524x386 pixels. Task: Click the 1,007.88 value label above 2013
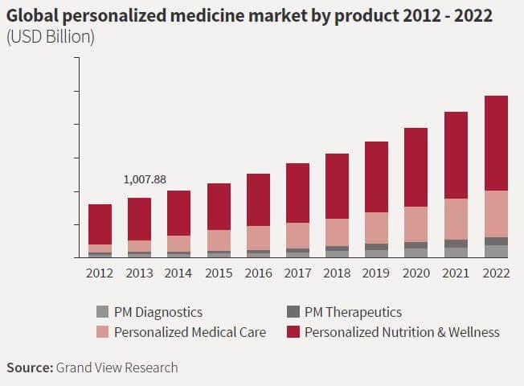(x=145, y=179)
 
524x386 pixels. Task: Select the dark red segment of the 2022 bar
(x=496, y=143)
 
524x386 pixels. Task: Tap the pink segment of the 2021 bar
(x=456, y=219)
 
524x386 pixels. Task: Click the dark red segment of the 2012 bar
(x=100, y=224)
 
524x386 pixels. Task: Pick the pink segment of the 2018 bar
(x=338, y=232)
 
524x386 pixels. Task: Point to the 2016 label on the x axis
(x=258, y=273)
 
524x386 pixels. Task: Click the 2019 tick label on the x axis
(x=377, y=273)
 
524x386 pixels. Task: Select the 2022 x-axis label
(x=496, y=273)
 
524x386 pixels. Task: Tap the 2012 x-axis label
(x=100, y=273)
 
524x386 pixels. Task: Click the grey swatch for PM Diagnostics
(x=101, y=312)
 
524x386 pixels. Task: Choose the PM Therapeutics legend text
(x=353, y=312)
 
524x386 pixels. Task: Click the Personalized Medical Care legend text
(x=190, y=331)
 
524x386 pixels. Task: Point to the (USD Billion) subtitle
(x=50, y=38)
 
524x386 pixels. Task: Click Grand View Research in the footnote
(x=117, y=368)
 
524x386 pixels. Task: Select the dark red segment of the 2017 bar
(x=298, y=193)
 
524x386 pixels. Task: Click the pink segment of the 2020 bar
(x=416, y=224)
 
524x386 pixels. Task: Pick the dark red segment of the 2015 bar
(x=219, y=207)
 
